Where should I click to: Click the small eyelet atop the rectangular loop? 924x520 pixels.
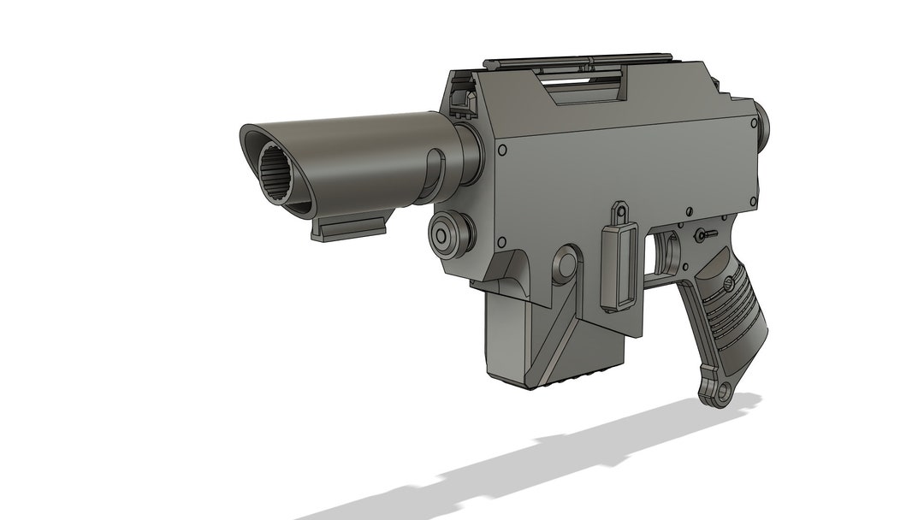coord(618,210)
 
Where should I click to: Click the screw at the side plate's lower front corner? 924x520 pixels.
coord(501,242)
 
